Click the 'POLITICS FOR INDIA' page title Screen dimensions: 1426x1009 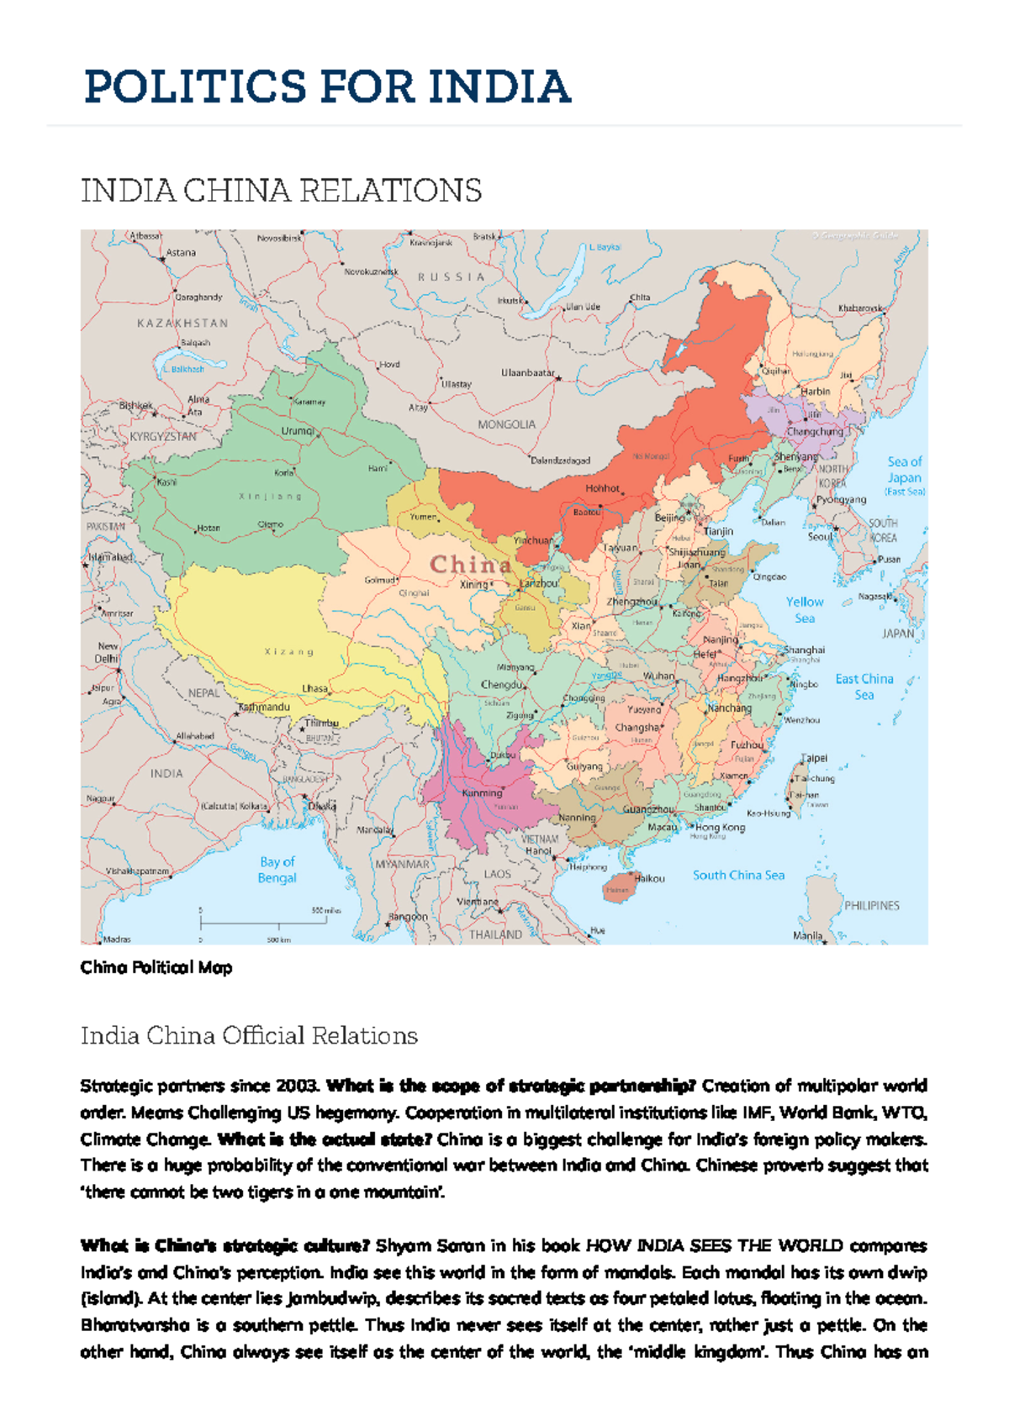pos(327,87)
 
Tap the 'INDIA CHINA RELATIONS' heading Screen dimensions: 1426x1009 pos(281,192)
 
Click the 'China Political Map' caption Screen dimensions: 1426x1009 pos(156,967)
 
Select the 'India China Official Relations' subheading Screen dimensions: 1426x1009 pos(249,1035)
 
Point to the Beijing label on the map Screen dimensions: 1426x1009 pos(670,518)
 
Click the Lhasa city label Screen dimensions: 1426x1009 pos(315,688)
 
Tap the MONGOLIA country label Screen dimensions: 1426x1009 pos(506,424)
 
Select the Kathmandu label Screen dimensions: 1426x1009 pos(264,708)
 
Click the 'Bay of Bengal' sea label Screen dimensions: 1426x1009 pos(277,870)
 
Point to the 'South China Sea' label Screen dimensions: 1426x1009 pos(738,875)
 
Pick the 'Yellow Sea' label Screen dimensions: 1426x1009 pos(805,610)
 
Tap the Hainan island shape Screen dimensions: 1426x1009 pos(618,888)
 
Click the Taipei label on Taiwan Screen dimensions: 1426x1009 pos(814,758)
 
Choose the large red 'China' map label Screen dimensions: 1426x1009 pos(471,565)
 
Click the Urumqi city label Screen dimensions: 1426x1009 pos(298,431)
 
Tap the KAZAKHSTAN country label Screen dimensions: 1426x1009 pos(182,323)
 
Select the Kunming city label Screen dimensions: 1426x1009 pos(483,792)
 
